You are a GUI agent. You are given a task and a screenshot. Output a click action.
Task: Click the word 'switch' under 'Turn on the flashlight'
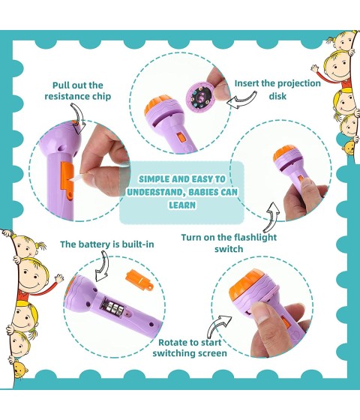[x=229, y=250]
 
